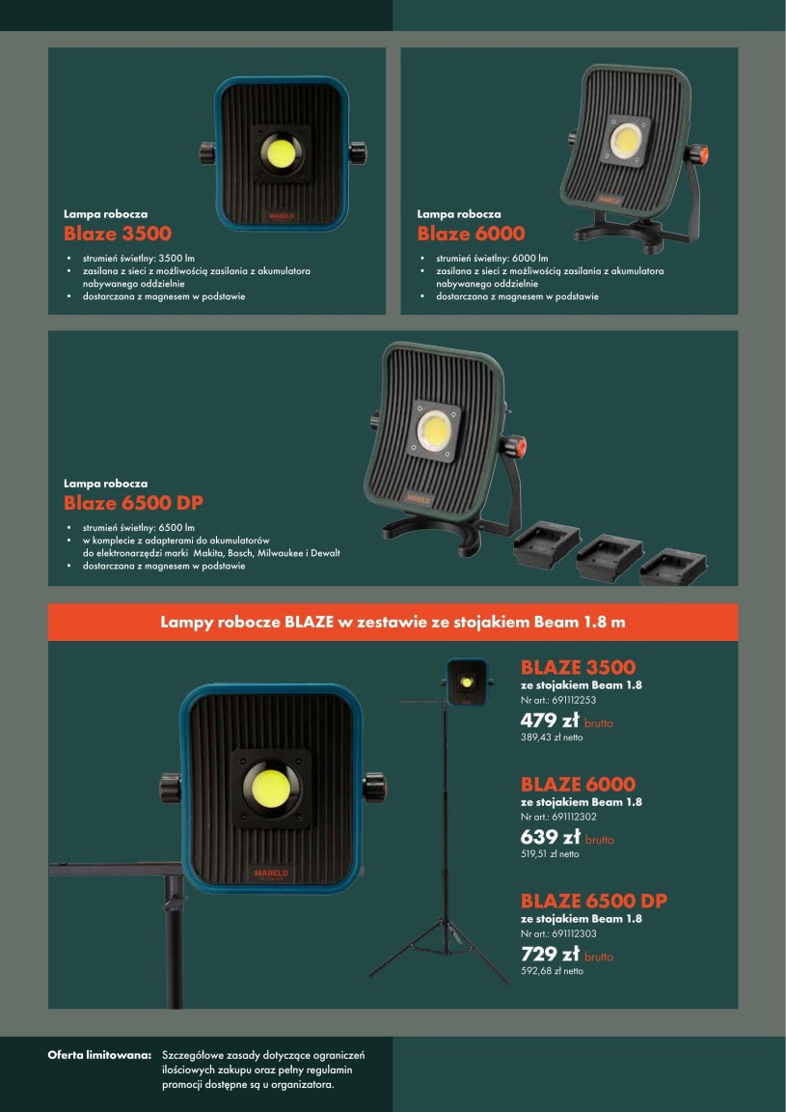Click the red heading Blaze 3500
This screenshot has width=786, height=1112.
[118, 234]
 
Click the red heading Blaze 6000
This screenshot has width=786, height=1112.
[472, 234]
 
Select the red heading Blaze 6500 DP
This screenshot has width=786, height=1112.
[133, 504]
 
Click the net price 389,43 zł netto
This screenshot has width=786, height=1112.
[552, 737]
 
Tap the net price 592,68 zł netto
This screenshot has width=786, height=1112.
[552, 971]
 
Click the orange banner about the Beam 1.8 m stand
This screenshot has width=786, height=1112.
[393, 622]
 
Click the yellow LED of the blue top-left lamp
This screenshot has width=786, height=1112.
[280, 153]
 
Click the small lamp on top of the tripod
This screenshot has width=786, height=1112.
[467, 682]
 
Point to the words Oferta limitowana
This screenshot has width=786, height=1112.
[100, 1055]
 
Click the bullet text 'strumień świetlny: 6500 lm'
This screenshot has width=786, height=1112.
[138, 528]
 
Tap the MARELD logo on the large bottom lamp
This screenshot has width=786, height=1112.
[271, 874]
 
